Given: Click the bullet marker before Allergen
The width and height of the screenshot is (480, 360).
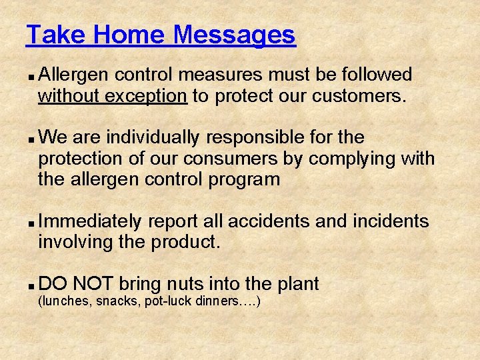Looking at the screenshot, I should tap(33, 75).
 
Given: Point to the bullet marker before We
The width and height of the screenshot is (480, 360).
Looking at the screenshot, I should tap(33, 139).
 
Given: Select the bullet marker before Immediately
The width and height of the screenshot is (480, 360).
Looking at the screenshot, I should tap(33, 222).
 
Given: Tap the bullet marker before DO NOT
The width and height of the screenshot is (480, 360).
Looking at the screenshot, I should tap(33, 285).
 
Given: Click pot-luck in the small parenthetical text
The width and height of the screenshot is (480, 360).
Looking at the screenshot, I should tap(169, 301).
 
